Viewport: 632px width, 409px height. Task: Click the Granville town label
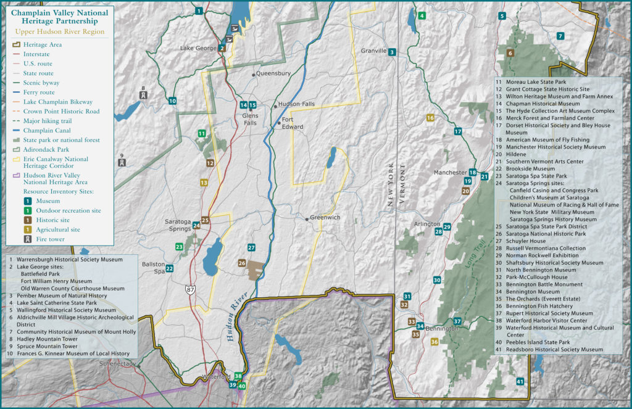pos(373,51)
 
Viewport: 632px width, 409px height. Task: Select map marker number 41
pos(520,381)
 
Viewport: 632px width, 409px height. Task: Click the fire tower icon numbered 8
pos(143,96)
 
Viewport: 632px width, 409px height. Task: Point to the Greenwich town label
pos(325,218)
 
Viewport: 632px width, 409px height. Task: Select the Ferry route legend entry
pos(39,93)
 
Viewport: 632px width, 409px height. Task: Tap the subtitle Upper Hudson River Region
pos(59,31)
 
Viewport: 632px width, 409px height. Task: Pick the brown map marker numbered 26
pos(242,263)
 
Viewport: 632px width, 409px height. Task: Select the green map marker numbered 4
pos(422,15)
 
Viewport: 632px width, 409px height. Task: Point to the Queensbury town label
pos(273,73)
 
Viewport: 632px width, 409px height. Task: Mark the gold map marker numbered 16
pos(430,118)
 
